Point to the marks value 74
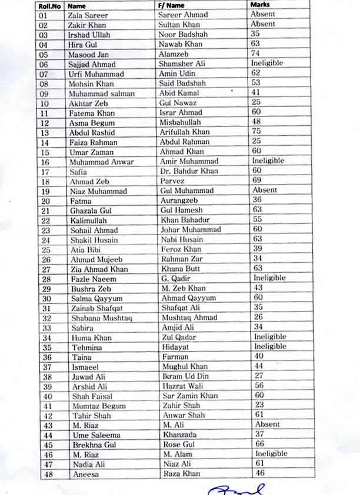click(256, 53)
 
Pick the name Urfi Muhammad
click(96, 74)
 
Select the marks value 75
click(256, 131)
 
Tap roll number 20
click(45, 200)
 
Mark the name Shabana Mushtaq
click(99, 317)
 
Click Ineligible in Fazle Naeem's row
click(269, 277)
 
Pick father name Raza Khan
click(180, 473)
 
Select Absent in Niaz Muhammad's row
click(265, 190)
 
